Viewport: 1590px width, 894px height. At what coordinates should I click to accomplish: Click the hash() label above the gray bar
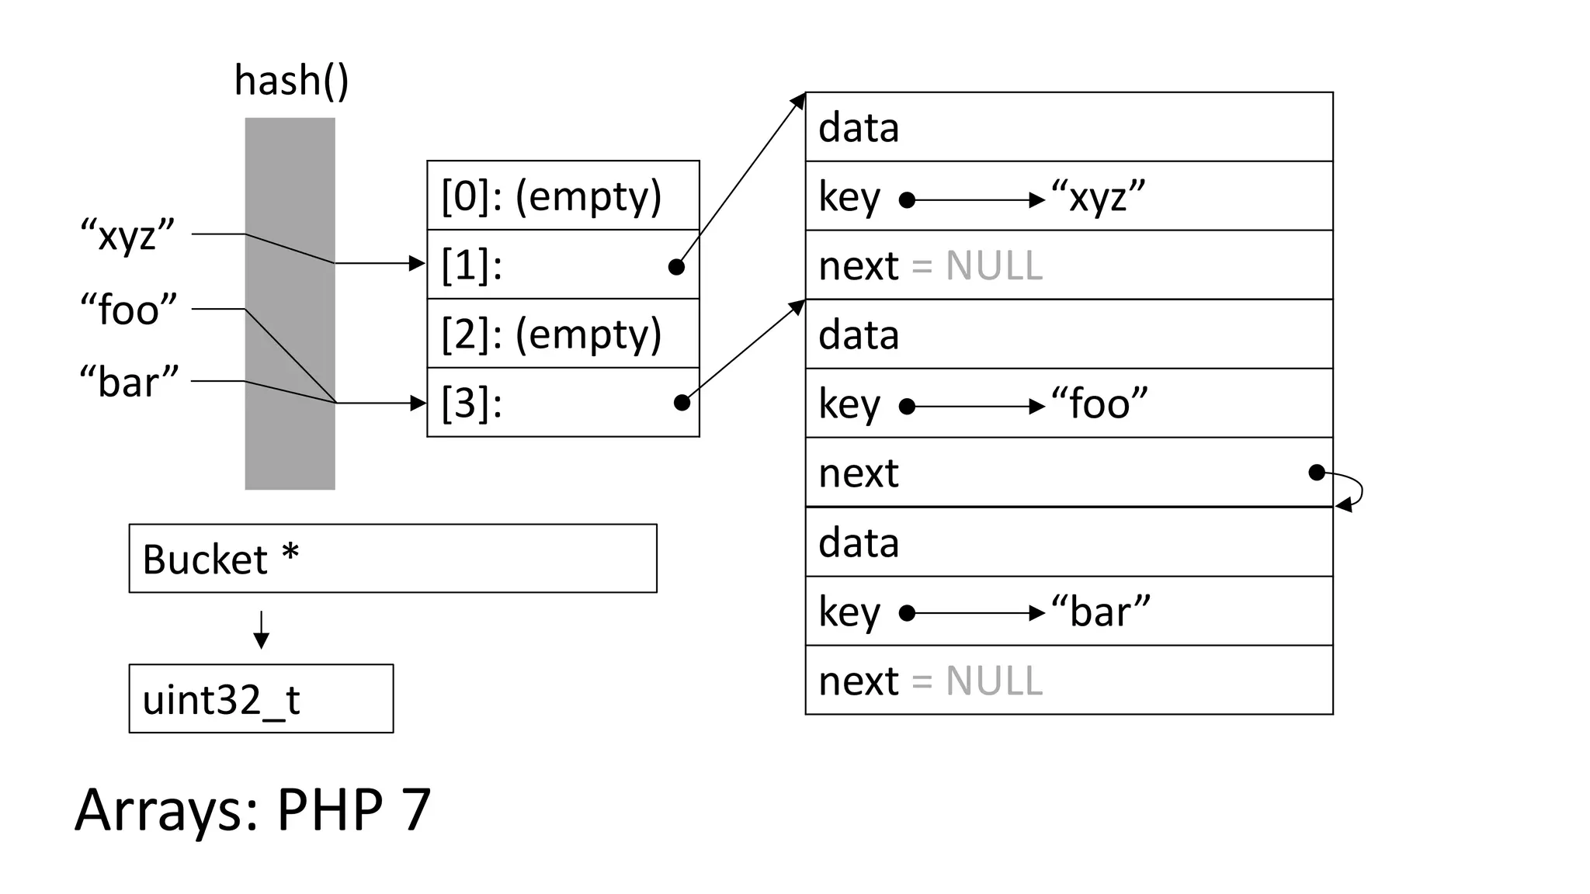291,81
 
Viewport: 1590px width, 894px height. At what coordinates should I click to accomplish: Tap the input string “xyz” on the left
128,234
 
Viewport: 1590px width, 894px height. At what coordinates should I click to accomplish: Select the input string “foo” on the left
129,310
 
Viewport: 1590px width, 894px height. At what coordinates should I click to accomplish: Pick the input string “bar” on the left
129,382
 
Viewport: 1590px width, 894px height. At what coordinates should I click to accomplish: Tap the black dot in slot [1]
676,267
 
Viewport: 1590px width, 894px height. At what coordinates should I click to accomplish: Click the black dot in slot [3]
682,402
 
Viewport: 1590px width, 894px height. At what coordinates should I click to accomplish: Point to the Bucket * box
392,559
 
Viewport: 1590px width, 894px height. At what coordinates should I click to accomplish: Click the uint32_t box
261,698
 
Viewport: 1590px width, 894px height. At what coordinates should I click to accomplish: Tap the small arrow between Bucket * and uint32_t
262,629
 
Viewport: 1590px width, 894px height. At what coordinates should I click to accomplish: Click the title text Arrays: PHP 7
253,809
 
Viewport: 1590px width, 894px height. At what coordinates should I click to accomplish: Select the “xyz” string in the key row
1098,197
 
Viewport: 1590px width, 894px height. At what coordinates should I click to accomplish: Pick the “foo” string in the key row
1099,404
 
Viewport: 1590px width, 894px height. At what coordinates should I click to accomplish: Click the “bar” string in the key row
1100,612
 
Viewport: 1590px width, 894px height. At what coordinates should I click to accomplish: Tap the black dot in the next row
1316,473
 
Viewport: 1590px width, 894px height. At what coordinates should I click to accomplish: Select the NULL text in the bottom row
994,681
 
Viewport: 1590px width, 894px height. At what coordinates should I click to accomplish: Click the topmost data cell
1068,127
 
